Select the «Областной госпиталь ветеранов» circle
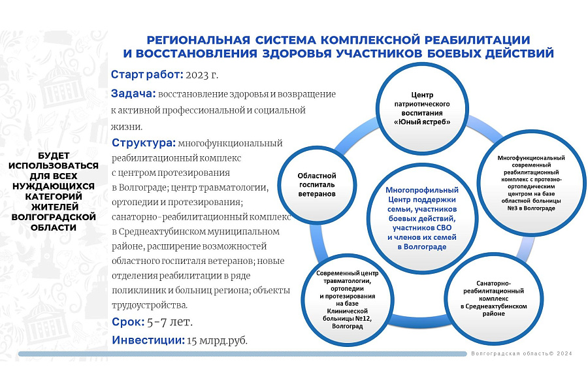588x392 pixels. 317,185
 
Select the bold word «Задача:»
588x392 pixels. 133,93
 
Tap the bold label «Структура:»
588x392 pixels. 143,143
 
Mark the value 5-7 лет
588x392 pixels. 170,323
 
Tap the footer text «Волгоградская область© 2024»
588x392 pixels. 521,353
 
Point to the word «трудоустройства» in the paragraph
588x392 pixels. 150,305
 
